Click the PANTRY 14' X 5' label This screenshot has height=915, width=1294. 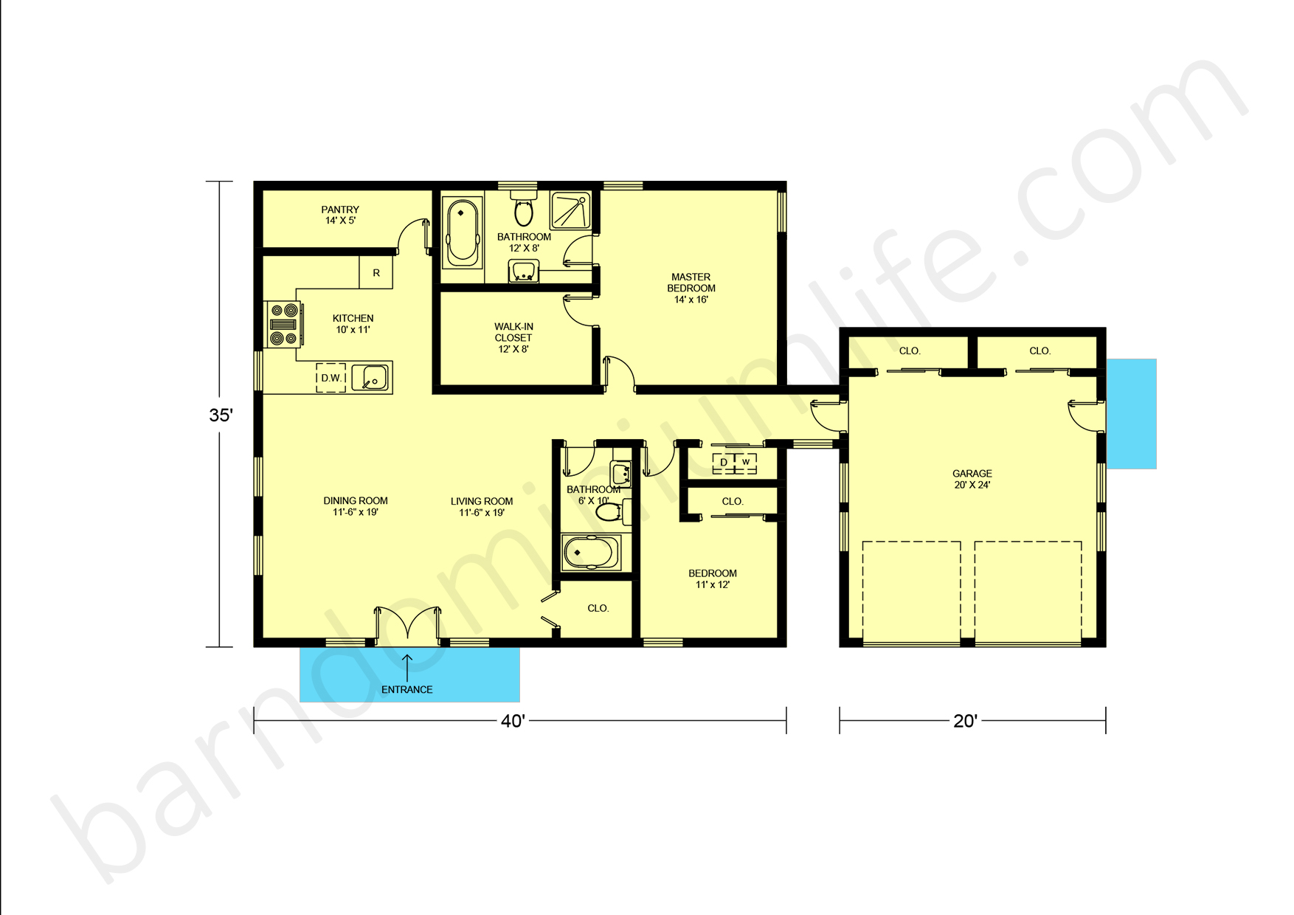(x=340, y=215)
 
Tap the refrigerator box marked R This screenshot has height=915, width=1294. (x=376, y=273)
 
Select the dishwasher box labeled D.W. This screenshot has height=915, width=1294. (x=331, y=378)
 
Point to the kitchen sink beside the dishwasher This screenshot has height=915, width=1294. (x=370, y=378)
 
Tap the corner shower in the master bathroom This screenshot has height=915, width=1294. (x=571, y=210)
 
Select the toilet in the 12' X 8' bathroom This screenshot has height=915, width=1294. (x=524, y=209)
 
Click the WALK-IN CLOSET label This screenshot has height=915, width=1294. (x=513, y=337)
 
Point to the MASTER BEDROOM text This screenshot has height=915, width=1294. (x=691, y=288)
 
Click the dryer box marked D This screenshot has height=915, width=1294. (x=724, y=463)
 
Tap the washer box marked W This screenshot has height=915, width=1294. (x=746, y=463)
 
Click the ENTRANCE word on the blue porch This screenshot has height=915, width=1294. (x=406, y=689)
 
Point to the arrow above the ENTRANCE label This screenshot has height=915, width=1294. (x=406, y=666)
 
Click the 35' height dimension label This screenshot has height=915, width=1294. (x=221, y=415)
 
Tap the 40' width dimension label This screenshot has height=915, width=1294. (x=513, y=721)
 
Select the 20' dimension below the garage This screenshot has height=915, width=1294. (x=965, y=721)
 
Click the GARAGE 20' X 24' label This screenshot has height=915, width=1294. (x=972, y=479)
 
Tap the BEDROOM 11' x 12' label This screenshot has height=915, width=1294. (x=712, y=579)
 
